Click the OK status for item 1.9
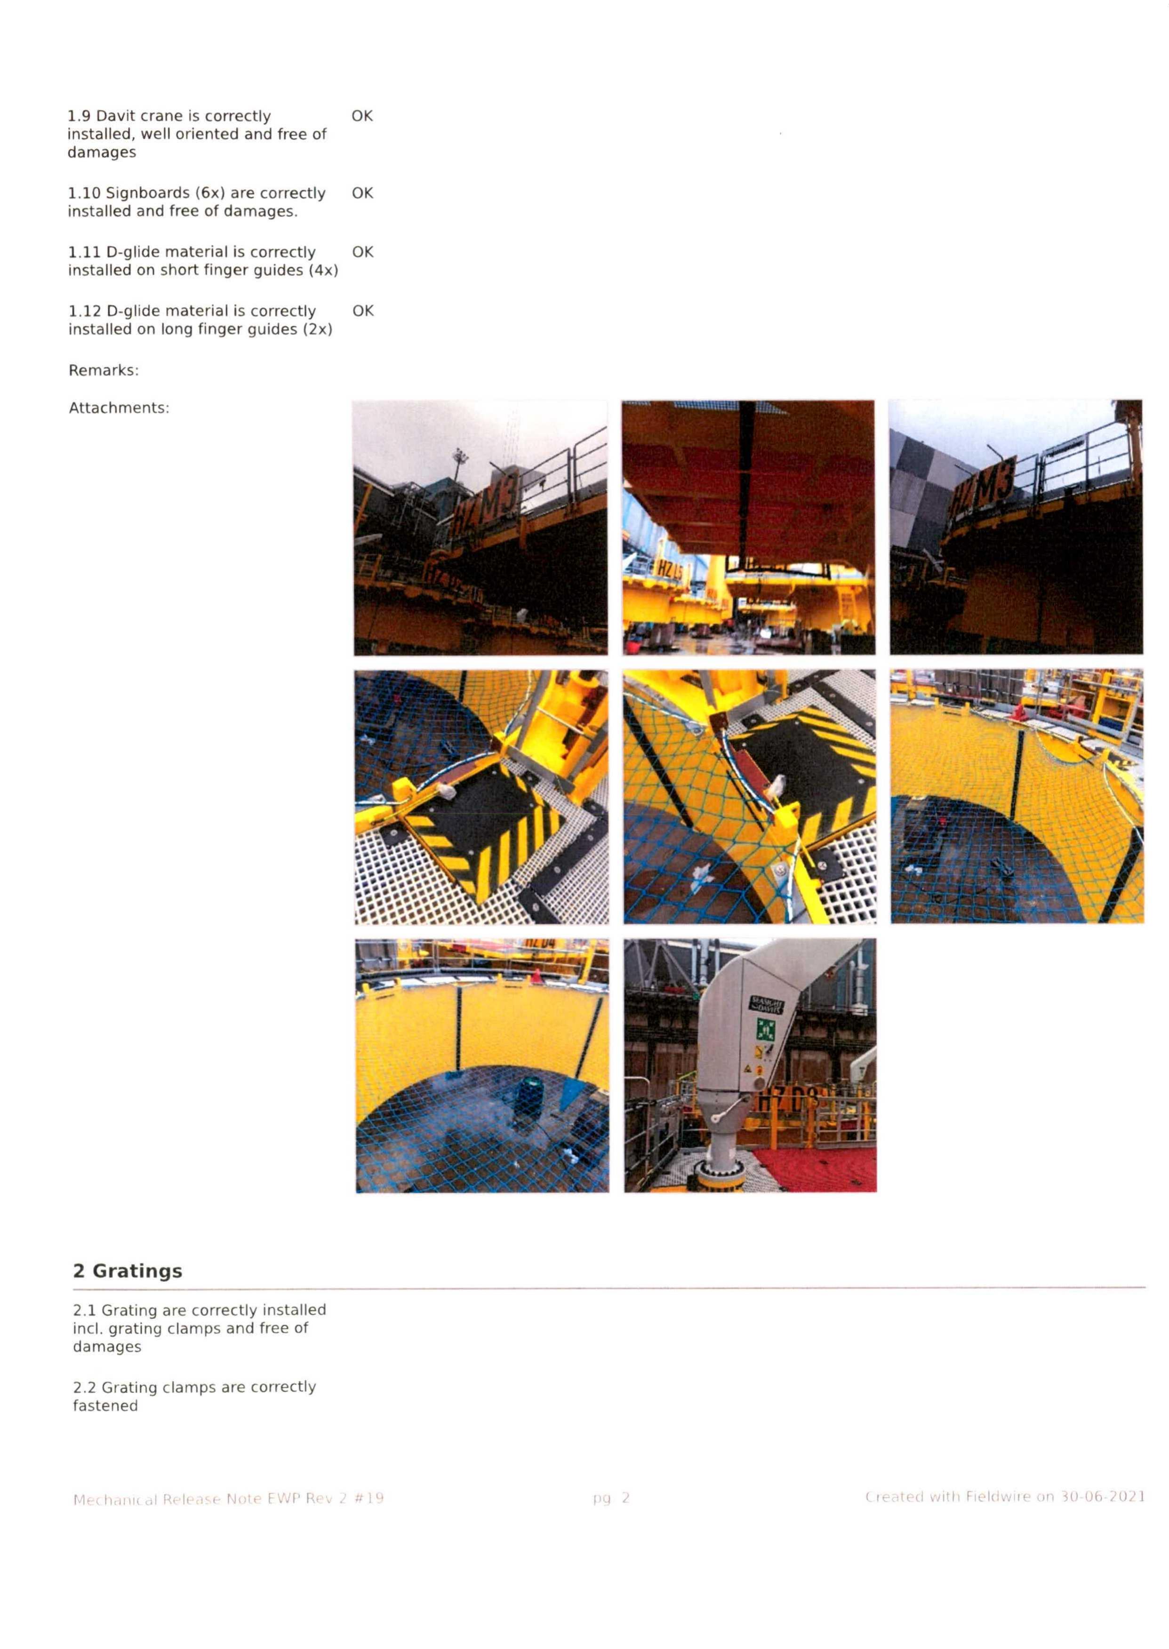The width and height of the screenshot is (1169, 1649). pos(362,116)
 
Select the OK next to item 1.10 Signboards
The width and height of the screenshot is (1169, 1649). pos(362,193)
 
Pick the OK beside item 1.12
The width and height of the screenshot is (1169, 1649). pos(363,311)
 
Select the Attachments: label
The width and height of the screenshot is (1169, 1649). pos(119,408)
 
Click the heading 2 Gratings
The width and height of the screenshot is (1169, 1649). pos(128,1271)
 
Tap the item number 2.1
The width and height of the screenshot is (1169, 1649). pos(84,1310)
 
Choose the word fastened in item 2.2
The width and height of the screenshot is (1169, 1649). pos(105,1406)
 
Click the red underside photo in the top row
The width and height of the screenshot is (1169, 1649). pos(749,528)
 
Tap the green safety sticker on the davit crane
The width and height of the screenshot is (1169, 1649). pos(763,1029)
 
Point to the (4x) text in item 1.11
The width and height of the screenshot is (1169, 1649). pos(323,271)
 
